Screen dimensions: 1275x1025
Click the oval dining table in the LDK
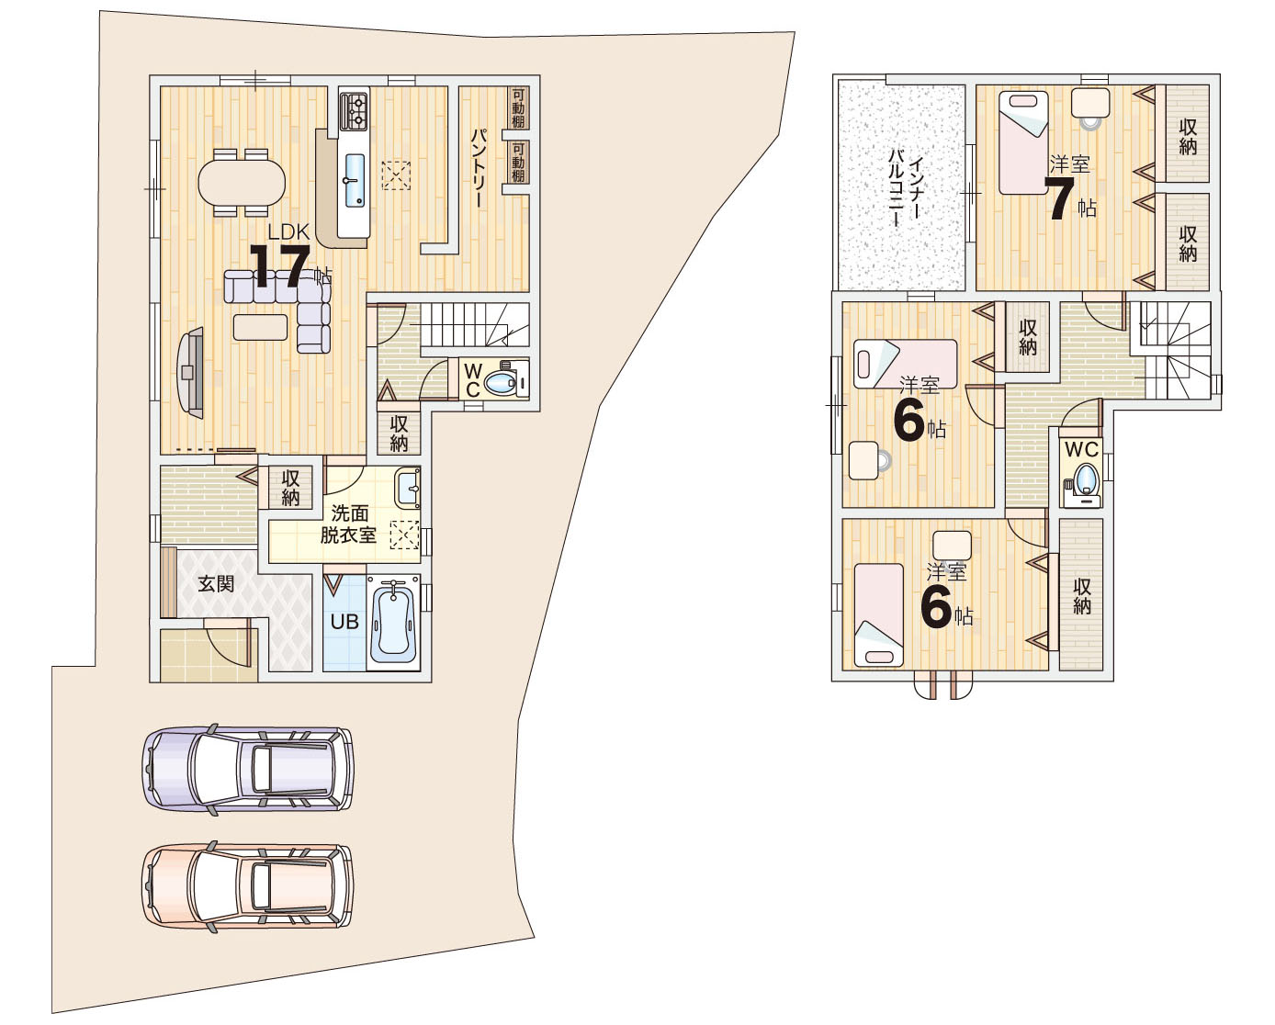(x=242, y=183)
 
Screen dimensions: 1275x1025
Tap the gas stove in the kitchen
(x=355, y=111)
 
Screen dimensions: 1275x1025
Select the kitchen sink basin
(x=355, y=180)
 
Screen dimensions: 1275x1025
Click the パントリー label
(x=479, y=168)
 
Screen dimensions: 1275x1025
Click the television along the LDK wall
(x=191, y=373)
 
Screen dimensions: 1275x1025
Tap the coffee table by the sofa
(x=260, y=327)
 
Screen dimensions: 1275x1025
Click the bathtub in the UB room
(x=393, y=622)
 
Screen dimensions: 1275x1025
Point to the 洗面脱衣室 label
(x=348, y=524)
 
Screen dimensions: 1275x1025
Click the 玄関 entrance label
(x=216, y=583)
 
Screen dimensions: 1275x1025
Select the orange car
(x=248, y=885)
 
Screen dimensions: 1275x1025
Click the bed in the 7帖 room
(x=1023, y=142)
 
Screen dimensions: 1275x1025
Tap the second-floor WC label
(x=1082, y=450)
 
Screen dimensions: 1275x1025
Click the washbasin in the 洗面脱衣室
(x=408, y=489)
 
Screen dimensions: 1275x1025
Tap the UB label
(x=344, y=622)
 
